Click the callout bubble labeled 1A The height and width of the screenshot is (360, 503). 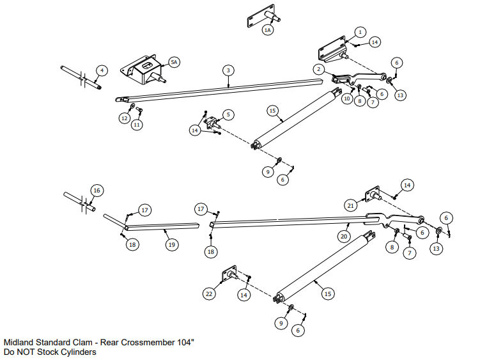(268, 30)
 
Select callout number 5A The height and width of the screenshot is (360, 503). (174, 62)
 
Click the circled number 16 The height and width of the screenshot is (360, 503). (97, 191)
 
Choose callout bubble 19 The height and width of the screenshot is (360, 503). (171, 244)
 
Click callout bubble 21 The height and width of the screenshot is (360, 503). (351, 205)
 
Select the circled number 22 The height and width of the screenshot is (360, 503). (209, 293)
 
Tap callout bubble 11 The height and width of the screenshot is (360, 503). (137, 125)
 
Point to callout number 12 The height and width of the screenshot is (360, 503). (125, 118)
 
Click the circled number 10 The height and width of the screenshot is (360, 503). (346, 99)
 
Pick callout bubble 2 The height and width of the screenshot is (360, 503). (318, 68)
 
